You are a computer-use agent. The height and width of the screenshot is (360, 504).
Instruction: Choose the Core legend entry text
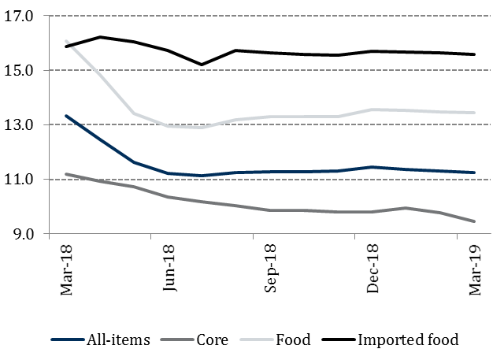point(213,340)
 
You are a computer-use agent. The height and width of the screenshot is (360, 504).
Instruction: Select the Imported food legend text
point(407,340)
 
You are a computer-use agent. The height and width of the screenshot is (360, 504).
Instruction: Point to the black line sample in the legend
point(337,340)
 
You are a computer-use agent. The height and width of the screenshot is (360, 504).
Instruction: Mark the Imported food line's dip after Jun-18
point(202,65)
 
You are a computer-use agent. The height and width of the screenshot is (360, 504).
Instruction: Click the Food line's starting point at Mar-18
point(65,41)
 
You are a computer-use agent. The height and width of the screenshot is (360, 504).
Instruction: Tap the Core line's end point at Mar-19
point(474,221)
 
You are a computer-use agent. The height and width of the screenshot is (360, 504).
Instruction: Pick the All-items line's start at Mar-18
point(65,116)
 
